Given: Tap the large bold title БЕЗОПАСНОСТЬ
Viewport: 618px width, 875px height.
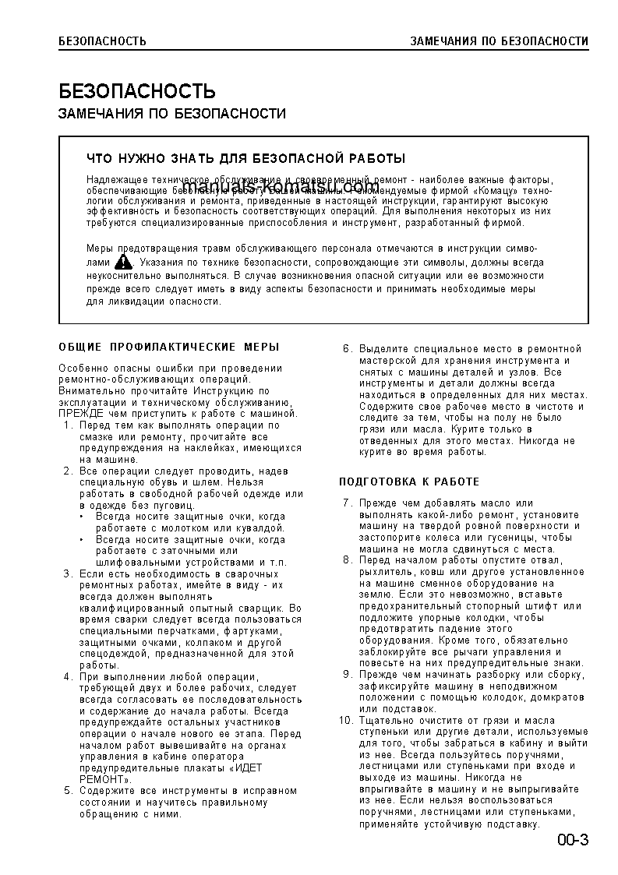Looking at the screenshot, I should point(137,91).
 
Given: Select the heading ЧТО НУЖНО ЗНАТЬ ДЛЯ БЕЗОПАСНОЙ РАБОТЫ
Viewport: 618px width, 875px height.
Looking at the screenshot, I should point(245,159).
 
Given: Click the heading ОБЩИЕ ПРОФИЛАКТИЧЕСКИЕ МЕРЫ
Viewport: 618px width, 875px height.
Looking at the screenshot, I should point(169,347).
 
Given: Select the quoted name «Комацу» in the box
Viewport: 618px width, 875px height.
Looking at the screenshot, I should point(495,189).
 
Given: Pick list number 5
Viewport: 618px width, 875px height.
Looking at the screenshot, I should point(68,791).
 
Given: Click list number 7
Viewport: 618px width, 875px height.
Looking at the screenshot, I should point(348,503).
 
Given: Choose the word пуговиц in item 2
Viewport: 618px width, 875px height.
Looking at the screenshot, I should point(171,506).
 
